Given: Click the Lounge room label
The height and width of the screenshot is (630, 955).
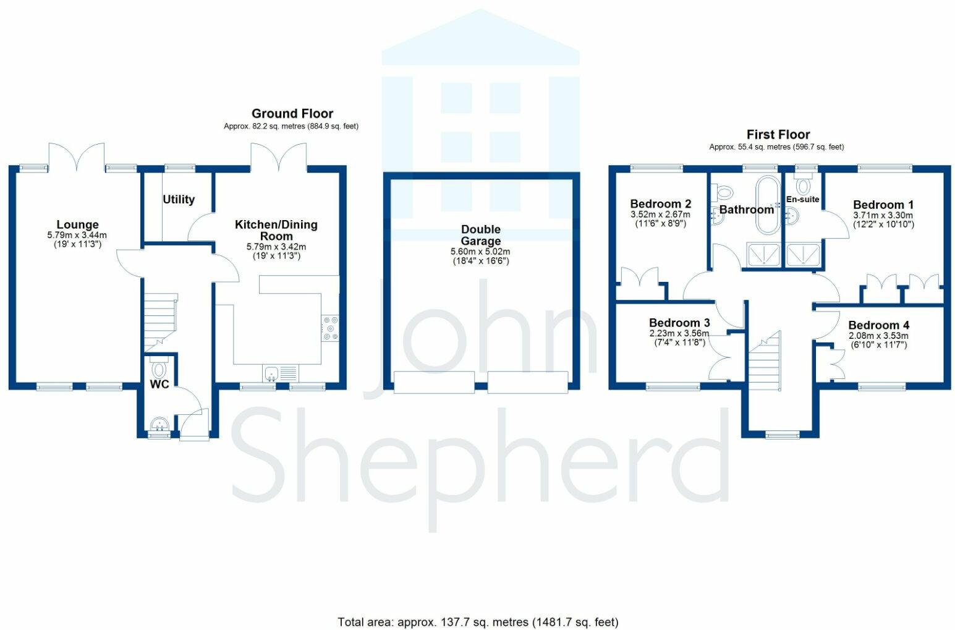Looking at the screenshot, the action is tap(78, 224).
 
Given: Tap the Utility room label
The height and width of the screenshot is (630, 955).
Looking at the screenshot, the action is tap(179, 200).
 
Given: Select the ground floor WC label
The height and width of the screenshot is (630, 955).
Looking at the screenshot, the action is tap(159, 385).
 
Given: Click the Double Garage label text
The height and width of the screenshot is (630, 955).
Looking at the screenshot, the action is tap(481, 235).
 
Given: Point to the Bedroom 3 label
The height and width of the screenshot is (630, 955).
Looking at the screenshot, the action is tap(679, 323).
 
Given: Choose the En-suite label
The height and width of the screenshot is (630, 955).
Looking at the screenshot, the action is tap(803, 199).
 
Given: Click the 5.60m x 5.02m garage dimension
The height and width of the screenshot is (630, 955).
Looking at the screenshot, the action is tap(480, 252).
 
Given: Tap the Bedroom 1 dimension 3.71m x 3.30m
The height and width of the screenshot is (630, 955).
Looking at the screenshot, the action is tap(883, 215).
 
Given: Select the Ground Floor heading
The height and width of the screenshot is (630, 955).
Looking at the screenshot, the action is tap(292, 114).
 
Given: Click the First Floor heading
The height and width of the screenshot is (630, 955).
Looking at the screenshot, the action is tap(778, 134).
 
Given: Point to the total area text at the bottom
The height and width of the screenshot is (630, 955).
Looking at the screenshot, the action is tap(478, 623).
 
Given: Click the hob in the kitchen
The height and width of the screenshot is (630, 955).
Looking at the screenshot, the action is tap(330, 328).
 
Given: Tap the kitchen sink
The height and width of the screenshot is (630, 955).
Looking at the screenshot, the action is tap(280, 373).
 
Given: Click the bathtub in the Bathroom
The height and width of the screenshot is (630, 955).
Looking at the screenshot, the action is tap(768, 205).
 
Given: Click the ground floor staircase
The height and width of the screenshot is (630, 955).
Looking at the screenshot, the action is tap(161, 322).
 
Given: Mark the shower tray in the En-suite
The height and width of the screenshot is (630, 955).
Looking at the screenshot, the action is tap(803, 255).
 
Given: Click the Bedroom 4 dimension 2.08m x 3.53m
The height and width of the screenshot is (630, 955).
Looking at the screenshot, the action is tap(878, 336).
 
